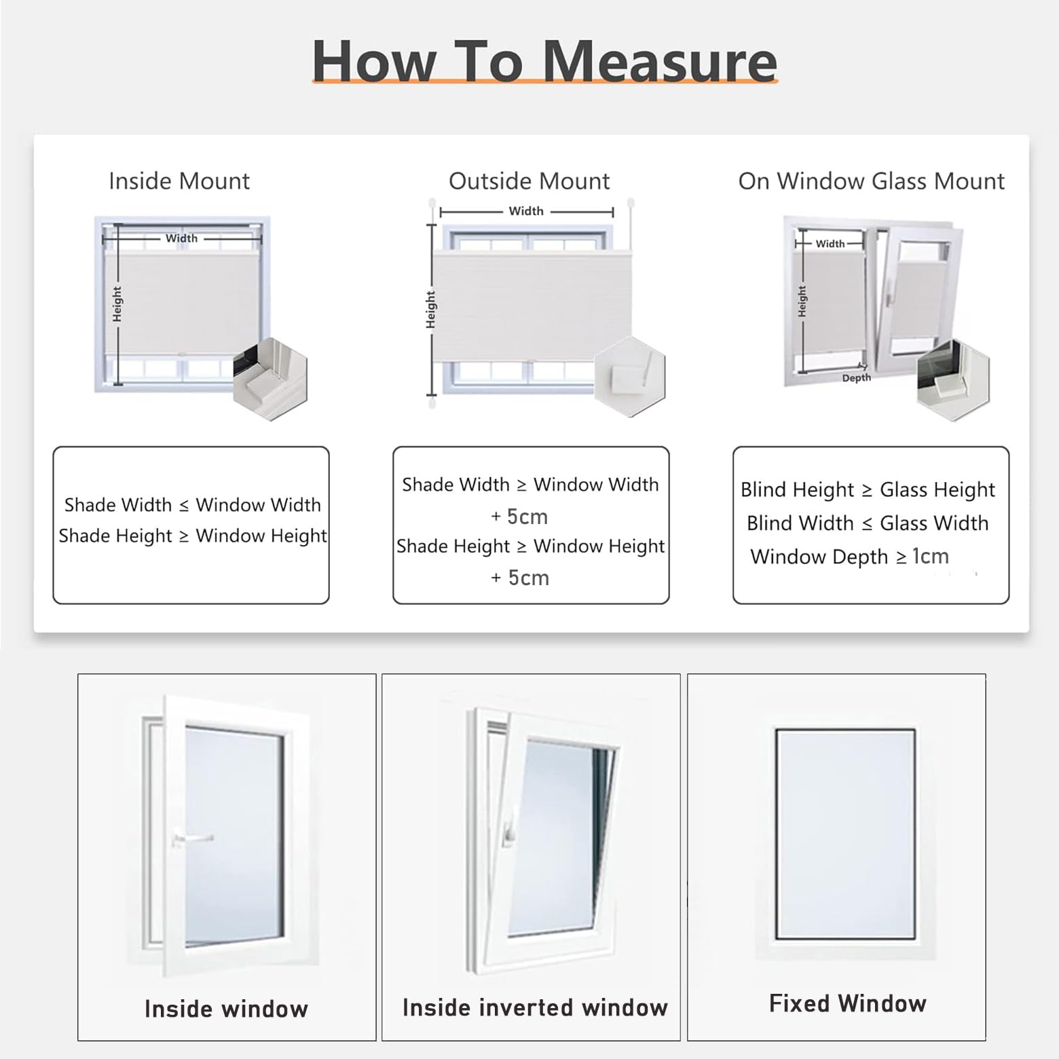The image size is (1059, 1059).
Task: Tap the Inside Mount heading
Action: coord(179,181)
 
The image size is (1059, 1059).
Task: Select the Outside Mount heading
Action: coord(529,181)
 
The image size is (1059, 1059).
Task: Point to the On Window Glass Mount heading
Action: coord(872,181)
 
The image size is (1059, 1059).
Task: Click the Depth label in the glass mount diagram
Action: coord(856,378)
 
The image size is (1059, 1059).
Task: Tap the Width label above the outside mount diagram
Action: coord(526,211)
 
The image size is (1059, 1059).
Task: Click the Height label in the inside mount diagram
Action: coord(117,303)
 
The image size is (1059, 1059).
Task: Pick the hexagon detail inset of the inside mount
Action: coord(270,379)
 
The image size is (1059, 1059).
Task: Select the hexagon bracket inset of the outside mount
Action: coord(630,377)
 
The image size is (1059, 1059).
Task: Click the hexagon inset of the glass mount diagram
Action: coord(953,381)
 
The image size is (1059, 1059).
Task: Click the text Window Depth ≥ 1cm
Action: coord(849,557)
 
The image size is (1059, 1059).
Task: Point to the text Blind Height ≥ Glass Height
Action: coord(868,489)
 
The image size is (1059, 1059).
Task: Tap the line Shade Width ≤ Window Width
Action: coord(193,505)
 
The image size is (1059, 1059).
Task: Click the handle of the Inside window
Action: coord(192,839)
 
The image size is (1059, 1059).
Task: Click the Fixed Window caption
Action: coord(848,1003)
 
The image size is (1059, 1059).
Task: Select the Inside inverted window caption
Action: coord(535,1007)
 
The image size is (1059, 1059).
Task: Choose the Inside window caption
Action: coord(226,1009)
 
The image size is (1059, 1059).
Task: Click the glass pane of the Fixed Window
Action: coord(846,834)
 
